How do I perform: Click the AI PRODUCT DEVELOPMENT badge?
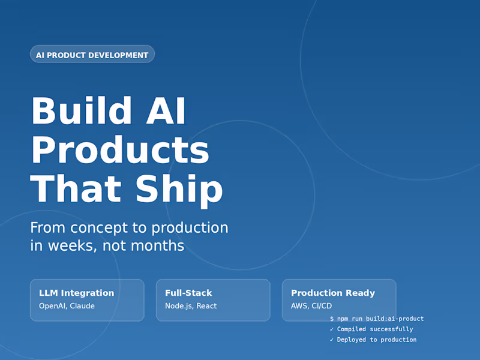(92, 55)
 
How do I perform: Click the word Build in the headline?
(81, 111)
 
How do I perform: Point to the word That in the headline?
(77, 189)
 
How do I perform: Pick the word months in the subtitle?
(157, 246)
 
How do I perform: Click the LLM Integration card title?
(76, 293)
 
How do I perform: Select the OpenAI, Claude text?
(67, 306)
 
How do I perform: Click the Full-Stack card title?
(188, 293)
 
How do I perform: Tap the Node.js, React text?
(191, 306)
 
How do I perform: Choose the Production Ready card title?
(333, 293)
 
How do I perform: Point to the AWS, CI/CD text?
(311, 306)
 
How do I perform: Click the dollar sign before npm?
(332, 319)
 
